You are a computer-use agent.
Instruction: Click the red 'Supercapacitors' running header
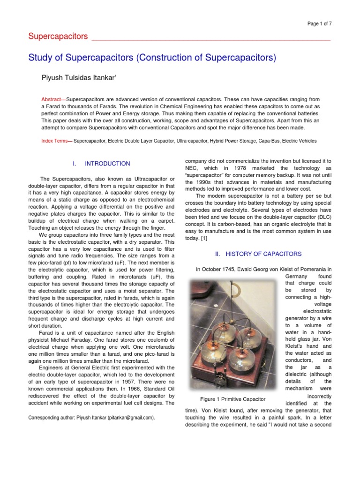(x=59, y=37)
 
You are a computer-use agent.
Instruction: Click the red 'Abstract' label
(x=54, y=100)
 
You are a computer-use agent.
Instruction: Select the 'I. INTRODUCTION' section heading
(x=101, y=164)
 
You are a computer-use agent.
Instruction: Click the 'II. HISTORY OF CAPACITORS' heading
(x=258, y=254)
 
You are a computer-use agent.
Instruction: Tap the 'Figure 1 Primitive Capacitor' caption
(x=226, y=399)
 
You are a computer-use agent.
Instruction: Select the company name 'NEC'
(x=193, y=168)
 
